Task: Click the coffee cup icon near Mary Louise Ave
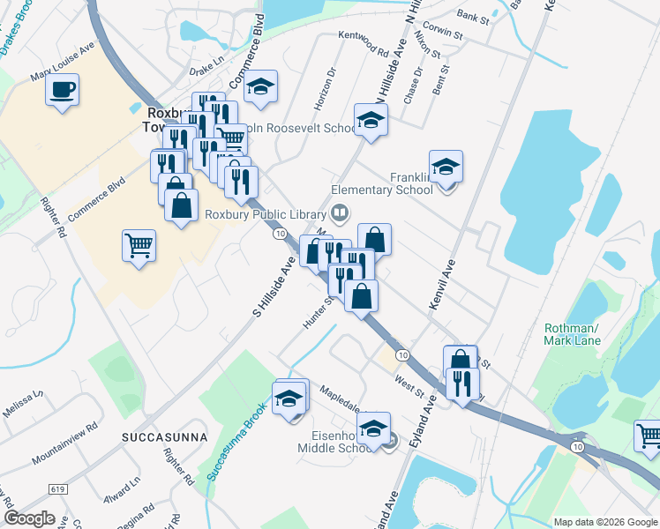63,91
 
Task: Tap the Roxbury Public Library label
266,213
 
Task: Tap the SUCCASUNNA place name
165,436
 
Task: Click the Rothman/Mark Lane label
572,335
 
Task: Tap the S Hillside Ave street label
274,287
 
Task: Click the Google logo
29,518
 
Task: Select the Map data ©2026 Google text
604,522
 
